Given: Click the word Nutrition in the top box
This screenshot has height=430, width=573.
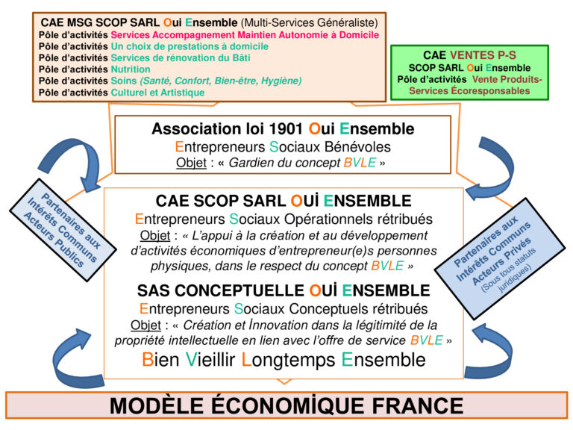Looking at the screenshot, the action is (x=131, y=69).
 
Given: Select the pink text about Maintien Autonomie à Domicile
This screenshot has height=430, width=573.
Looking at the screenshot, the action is (x=245, y=35).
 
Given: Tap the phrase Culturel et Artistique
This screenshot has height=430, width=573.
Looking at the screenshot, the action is (x=157, y=93).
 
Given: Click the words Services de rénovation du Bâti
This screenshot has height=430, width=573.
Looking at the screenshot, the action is (x=181, y=57).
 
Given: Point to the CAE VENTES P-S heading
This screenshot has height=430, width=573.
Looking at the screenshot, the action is (x=469, y=55).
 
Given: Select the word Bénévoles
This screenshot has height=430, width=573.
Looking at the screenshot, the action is (x=358, y=147).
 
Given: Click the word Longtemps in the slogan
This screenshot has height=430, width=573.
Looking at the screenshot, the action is (x=288, y=360).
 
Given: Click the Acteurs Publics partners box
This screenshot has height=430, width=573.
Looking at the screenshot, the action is (x=63, y=230).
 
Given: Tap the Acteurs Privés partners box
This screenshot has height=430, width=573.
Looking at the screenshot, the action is (x=500, y=259).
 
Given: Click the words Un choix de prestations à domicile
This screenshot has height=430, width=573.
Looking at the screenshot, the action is (x=190, y=46).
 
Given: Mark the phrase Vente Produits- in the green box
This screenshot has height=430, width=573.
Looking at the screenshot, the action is (x=507, y=79).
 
